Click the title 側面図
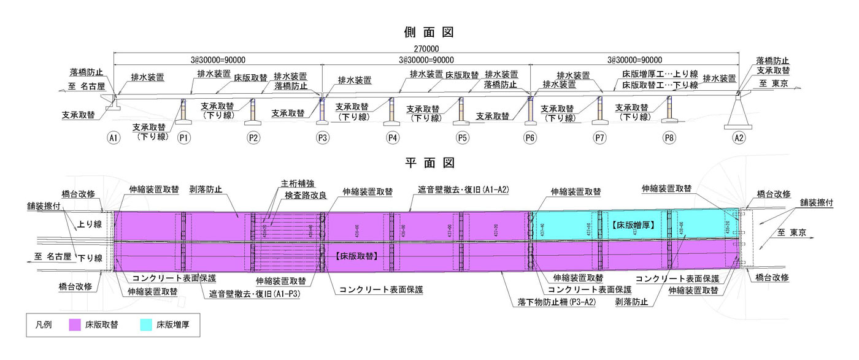click(x=429, y=31)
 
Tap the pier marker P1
click(x=183, y=139)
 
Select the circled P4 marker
click(x=393, y=139)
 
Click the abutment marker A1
click(x=113, y=139)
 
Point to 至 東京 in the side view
click(x=772, y=84)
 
